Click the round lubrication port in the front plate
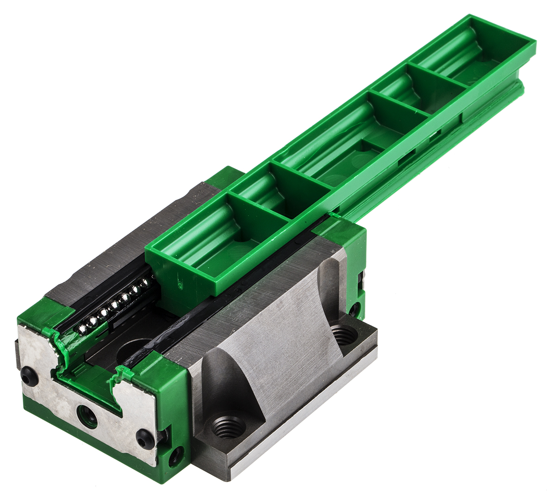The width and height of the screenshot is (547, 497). [86, 416]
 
